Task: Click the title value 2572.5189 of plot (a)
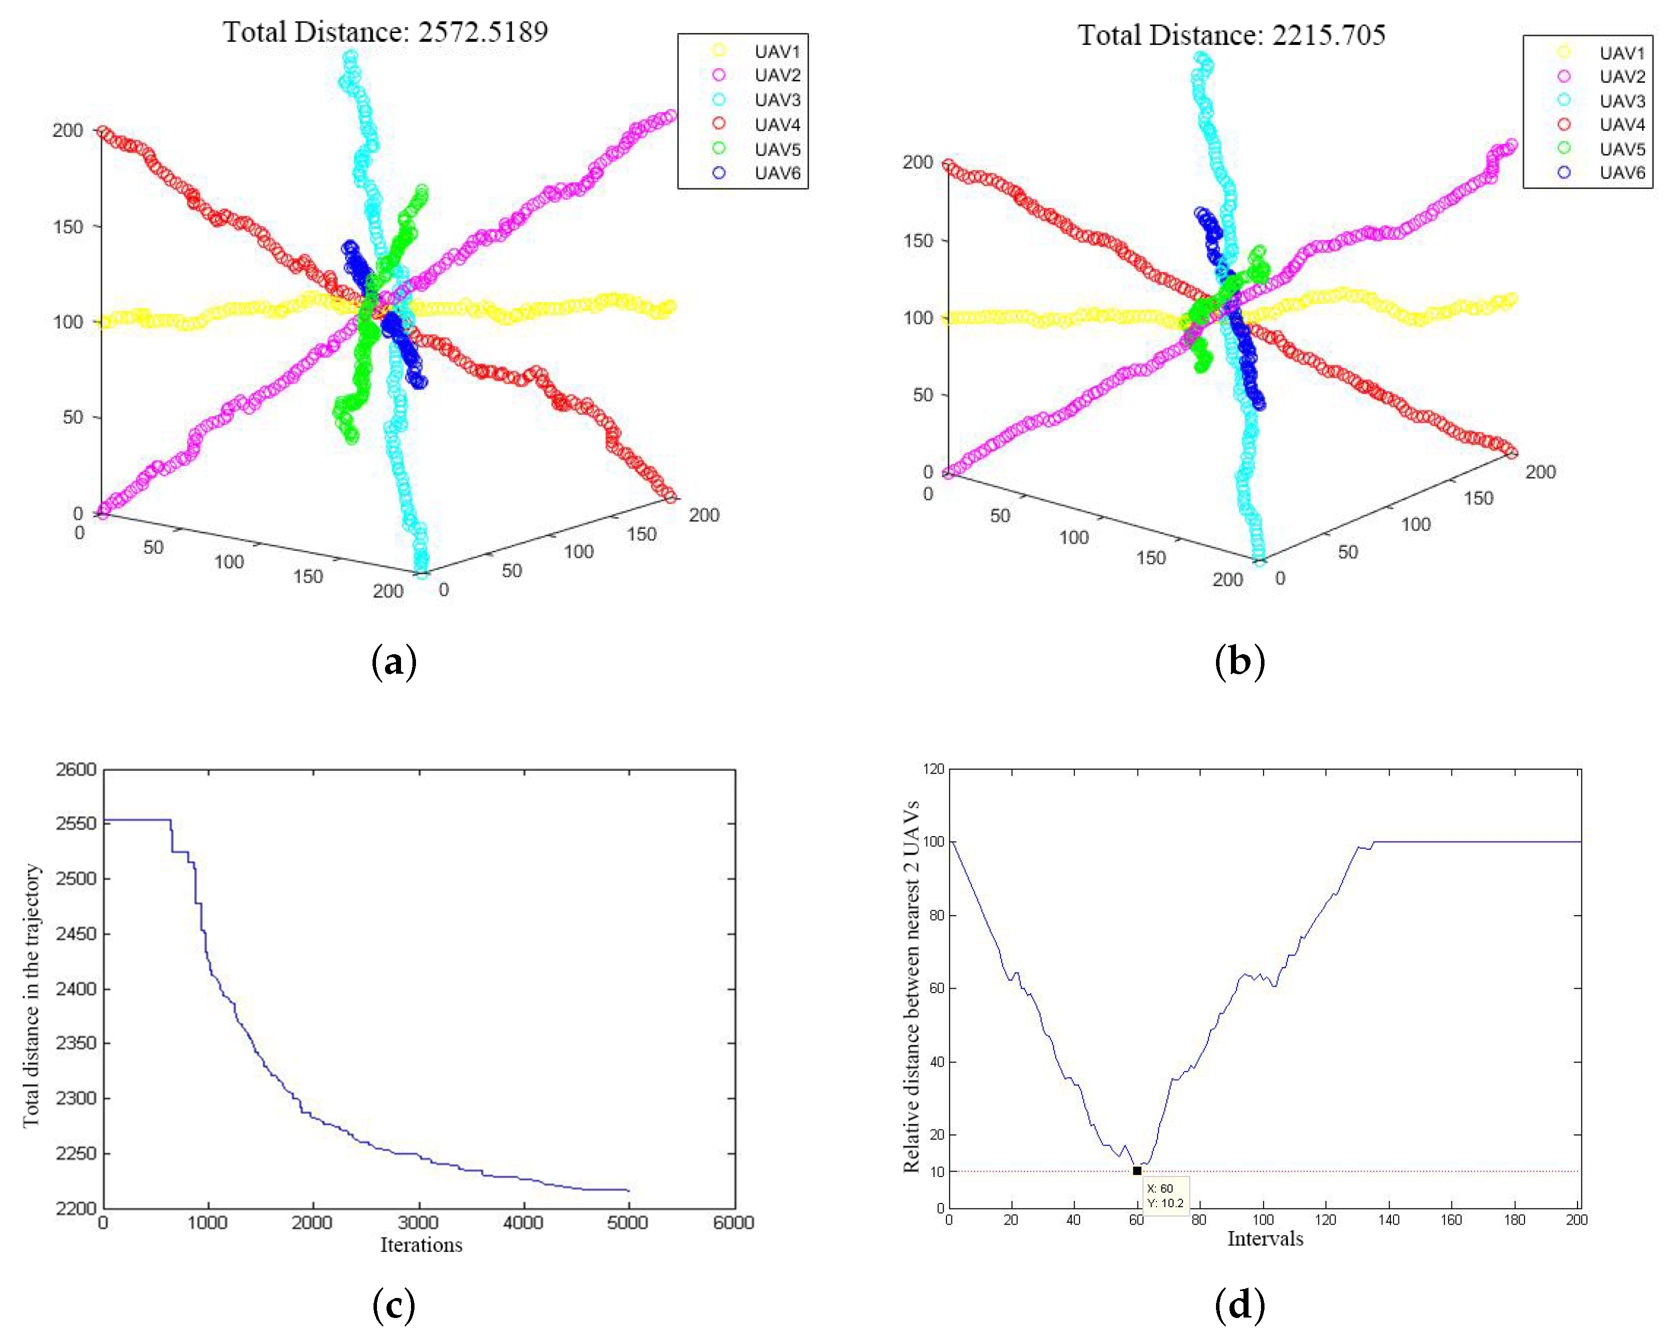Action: pos(482,32)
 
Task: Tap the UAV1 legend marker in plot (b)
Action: pos(1563,52)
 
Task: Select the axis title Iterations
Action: pos(420,1245)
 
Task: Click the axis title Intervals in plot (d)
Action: pos(1265,1239)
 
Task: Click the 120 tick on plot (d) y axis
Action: pos(933,769)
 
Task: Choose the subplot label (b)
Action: pos(1239,661)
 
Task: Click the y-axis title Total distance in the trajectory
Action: pos(31,996)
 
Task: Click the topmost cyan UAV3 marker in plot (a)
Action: pos(351,56)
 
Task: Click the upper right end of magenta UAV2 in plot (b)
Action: pos(1510,145)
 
